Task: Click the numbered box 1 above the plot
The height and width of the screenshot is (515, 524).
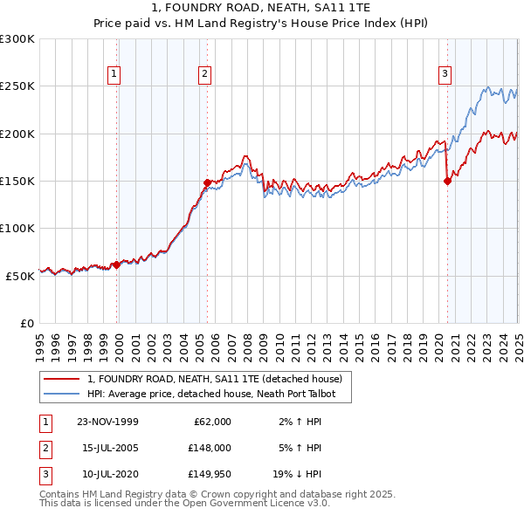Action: [x=114, y=74]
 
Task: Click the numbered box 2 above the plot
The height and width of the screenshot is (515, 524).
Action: [x=204, y=74]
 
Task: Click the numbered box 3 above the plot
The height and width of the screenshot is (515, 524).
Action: [x=445, y=74]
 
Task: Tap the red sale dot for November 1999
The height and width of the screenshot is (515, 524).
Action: [x=117, y=264]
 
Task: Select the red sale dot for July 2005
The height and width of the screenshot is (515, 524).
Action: [x=207, y=183]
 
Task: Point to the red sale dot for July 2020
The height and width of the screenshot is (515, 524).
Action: [x=447, y=182]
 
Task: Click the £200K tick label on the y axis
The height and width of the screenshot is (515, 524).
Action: [x=17, y=134]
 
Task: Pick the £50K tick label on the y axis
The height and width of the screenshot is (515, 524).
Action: [x=20, y=276]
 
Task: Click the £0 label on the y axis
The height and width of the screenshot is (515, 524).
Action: [x=27, y=323]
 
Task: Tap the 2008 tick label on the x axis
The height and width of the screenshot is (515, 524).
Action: [x=248, y=340]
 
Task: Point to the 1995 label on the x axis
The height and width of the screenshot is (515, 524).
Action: [x=40, y=340]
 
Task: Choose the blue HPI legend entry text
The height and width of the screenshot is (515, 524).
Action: [x=217, y=394]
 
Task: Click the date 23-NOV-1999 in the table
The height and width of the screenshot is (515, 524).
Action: [x=107, y=422]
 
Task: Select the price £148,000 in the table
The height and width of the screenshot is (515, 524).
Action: [x=210, y=448]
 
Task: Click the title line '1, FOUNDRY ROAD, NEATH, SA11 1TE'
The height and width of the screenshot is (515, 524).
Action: [x=261, y=10]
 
